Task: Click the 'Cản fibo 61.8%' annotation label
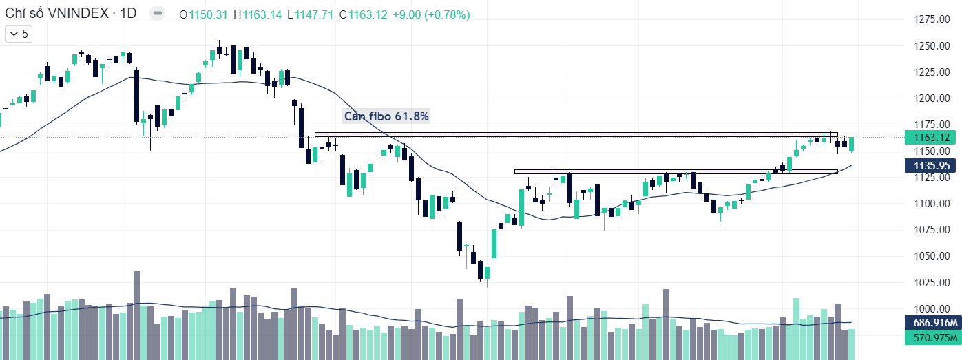pyautogui.click(x=386, y=116)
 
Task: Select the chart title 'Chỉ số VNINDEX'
pyautogui.click(x=55, y=14)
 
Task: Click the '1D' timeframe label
pyautogui.click(x=127, y=14)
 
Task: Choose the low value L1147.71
pyautogui.click(x=310, y=14)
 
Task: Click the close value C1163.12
pyautogui.click(x=363, y=14)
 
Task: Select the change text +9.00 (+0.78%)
pyautogui.click(x=431, y=14)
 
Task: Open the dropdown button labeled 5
pyautogui.click(x=19, y=34)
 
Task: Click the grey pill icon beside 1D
pyautogui.click(x=157, y=14)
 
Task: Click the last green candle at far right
pyautogui.click(x=852, y=144)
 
